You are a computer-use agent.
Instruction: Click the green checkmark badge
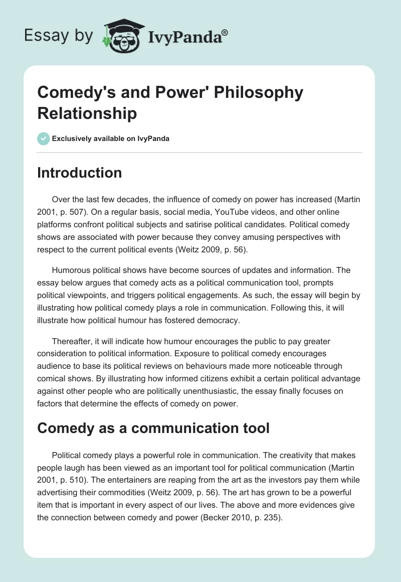[x=44, y=138]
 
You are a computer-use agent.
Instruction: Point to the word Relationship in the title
[x=87, y=113]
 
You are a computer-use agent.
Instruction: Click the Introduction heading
[x=80, y=173]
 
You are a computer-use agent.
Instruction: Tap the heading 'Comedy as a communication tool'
[x=153, y=428]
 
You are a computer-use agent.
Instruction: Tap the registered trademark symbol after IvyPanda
[x=225, y=33]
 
